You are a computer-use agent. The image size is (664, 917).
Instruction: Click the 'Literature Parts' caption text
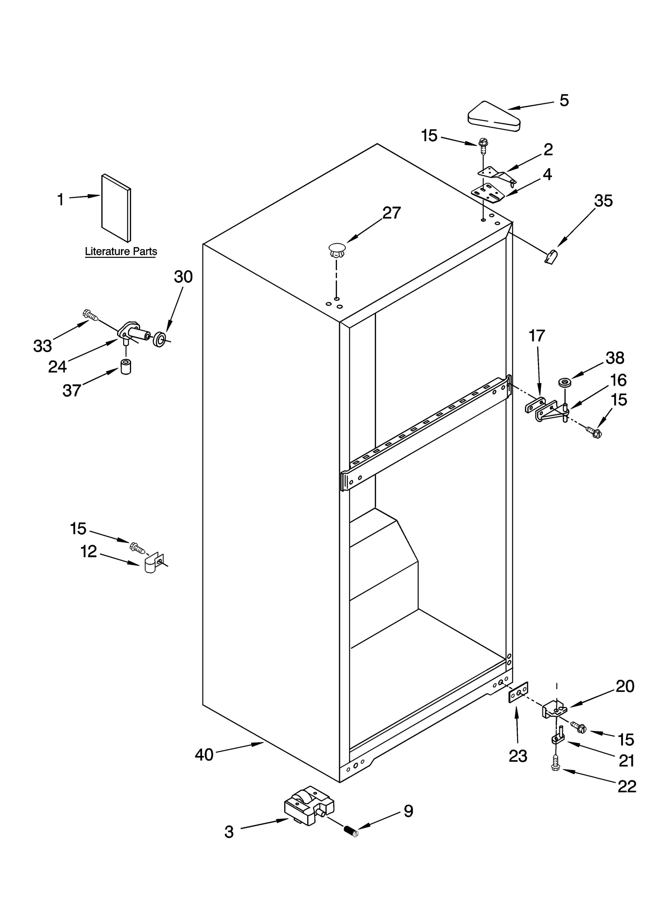click(x=121, y=252)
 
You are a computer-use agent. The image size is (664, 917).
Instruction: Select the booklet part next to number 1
click(x=116, y=208)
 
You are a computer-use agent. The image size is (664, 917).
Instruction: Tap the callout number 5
click(x=564, y=100)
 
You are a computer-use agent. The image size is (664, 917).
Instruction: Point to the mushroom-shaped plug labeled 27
click(x=337, y=249)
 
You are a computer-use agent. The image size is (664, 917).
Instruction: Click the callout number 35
click(x=603, y=201)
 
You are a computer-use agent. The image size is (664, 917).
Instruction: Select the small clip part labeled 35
click(x=551, y=257)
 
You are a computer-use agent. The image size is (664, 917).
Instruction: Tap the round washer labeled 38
click(x=564, y=381)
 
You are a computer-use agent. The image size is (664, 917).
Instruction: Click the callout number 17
click(x=537, y=335)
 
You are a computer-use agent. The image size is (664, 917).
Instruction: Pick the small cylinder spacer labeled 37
click(x=125, y=367)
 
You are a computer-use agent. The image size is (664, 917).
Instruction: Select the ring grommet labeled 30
click(x=159, y=339)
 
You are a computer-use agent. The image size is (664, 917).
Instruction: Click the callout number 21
click(x=626, y=760)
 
